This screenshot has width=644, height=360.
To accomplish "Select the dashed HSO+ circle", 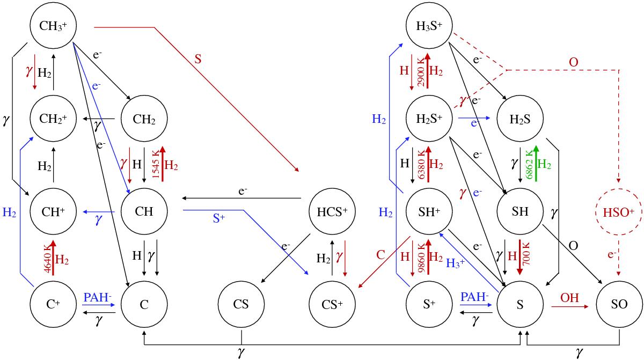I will click(620, 211).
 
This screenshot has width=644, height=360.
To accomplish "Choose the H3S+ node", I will click(430, 25).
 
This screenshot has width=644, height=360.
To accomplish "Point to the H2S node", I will click(521, 118).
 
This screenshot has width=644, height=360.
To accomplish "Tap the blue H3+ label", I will click(455, 262).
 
